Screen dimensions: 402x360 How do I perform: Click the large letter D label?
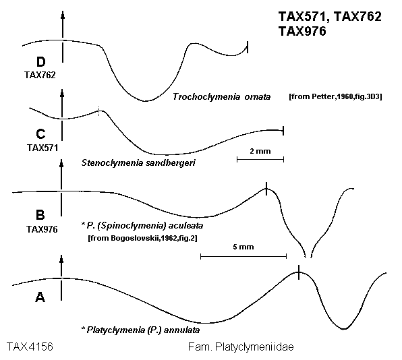coord(41,62)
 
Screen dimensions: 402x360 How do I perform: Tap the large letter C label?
coord(40,134)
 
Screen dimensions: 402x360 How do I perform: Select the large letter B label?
coord(40,214)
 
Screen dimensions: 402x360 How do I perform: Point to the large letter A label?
coord(40,297)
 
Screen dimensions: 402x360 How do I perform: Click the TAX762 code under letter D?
coord(40,75)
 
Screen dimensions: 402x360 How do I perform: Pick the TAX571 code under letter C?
coord(42,148)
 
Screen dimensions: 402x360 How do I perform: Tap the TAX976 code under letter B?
coord(42,229)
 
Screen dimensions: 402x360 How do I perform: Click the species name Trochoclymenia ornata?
coord(221,97)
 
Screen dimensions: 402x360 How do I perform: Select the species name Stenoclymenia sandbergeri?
coord(138,162)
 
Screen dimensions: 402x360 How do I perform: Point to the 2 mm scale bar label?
coord(260,151)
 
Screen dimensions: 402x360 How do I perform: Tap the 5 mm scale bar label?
coord(243,247)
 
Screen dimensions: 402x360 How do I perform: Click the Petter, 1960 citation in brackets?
coord(335,97)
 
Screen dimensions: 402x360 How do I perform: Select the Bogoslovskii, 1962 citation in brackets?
coord(142,238)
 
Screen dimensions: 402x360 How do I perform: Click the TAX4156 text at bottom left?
coord(30,347)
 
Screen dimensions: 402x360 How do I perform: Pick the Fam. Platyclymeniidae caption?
coord(241,347)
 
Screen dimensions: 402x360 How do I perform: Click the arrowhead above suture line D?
coord(63,16)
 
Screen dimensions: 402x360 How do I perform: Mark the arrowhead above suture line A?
coord(61,259)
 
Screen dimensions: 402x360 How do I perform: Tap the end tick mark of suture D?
coord(248,47)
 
